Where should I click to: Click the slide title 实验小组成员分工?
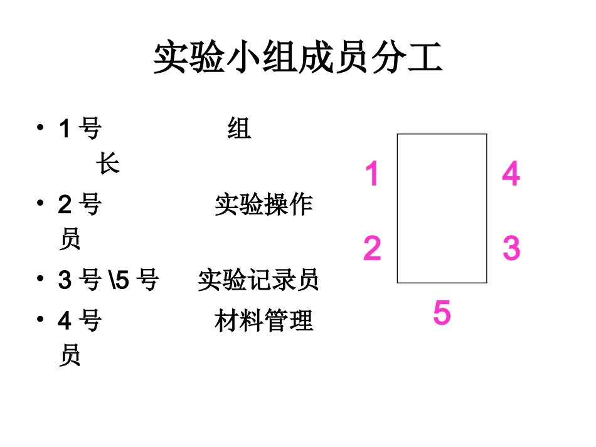coord(298,58)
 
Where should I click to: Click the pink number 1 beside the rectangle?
coord(372,174)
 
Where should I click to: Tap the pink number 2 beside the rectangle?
coord(372,248)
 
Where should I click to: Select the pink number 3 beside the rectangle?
coord(511,248)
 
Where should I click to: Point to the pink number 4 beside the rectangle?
coord(511,174)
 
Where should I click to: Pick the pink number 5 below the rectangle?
coord(442,313)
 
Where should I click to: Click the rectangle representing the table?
coord(442,208)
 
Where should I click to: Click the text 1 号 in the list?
coord(80,129)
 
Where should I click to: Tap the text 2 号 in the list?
coord(80,204)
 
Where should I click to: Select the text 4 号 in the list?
coord(80,321)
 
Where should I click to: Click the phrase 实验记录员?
coord(258,280)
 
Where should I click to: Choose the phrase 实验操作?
coord(263,204)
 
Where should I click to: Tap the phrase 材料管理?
coord(263,321)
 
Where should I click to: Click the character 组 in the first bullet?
coord(239,129)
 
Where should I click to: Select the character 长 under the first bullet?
coord(107,165)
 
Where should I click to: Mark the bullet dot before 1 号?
coord(41,128)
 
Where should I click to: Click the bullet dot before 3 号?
coord(41,279)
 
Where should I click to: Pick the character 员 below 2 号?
coord(70,239)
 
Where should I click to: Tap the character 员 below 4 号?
coord(70,356)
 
